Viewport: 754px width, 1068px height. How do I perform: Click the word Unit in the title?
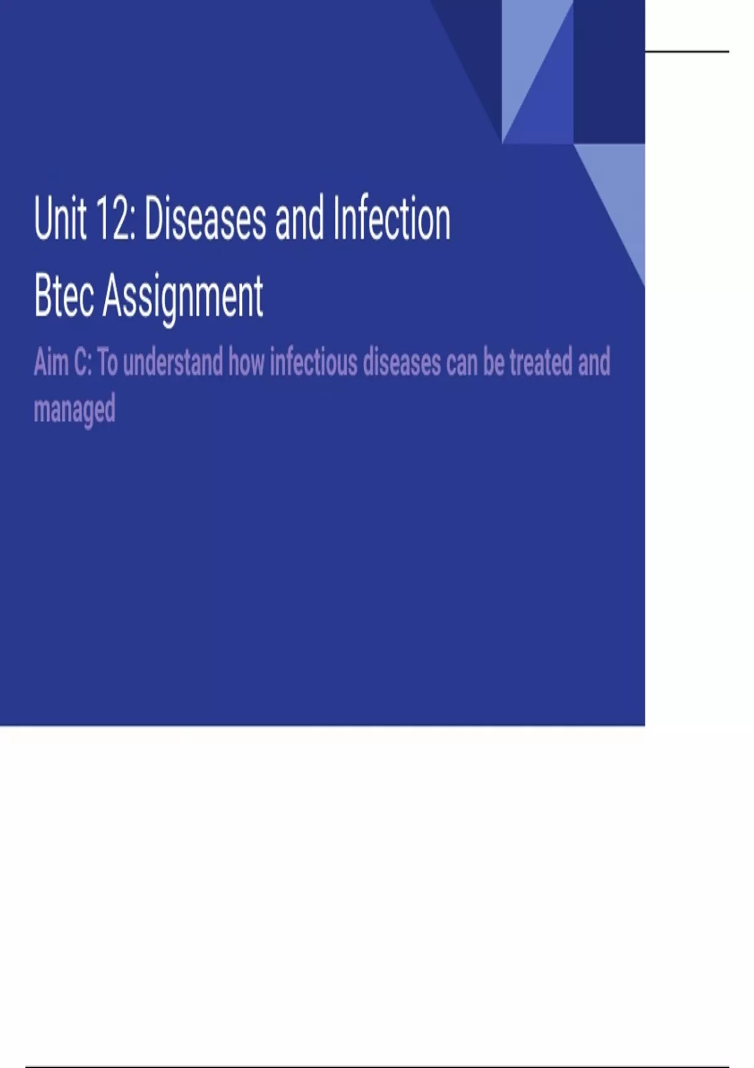tap(60, 219)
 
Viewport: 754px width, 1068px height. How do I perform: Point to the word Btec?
tap(63, 296)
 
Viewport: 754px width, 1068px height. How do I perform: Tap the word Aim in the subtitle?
tap(50, 363)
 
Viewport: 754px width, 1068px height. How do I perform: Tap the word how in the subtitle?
tap(246, 363)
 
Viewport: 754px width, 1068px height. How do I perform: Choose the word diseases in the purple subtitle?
tap(402, 363)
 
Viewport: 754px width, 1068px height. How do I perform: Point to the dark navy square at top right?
tap(609, 72)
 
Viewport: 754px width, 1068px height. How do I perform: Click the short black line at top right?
tap(687, 51)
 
